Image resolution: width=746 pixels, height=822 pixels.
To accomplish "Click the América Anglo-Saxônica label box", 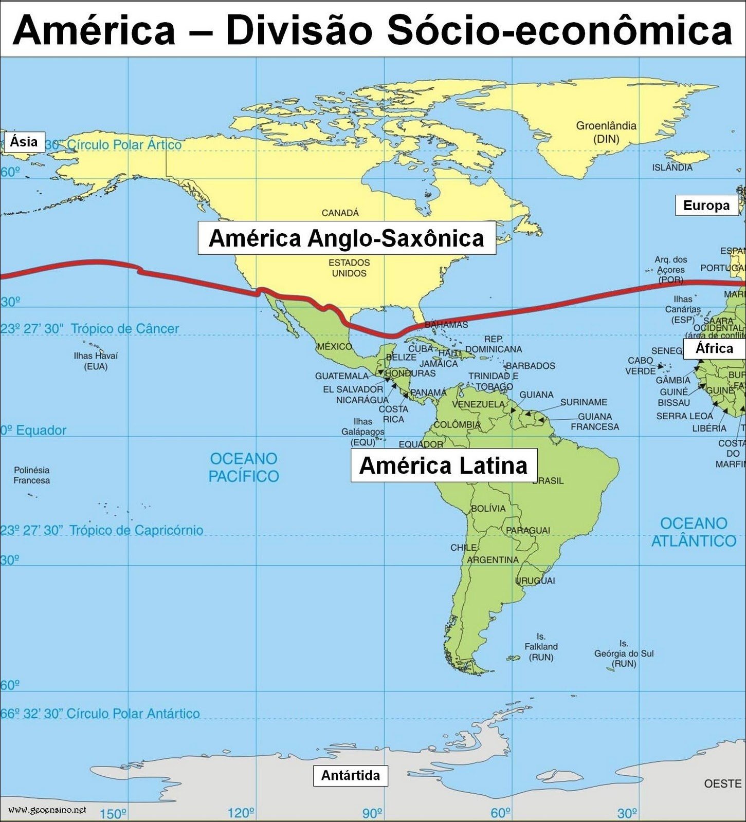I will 347,238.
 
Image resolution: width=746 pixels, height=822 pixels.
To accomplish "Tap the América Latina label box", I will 443,465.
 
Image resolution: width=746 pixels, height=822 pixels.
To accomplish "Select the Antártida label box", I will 350,775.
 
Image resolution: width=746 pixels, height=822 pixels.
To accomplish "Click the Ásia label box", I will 24,141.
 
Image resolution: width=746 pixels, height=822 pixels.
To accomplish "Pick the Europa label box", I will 706,206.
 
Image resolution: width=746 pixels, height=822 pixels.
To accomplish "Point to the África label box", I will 714,348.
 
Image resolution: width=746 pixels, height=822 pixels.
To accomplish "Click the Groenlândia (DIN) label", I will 606,132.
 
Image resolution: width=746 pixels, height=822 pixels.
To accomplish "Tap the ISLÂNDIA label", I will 672,167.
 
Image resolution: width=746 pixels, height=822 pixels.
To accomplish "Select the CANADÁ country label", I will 340,213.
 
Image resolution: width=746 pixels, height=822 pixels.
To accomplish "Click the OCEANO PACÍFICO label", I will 244,467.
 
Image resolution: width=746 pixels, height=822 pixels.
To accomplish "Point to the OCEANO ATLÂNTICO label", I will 694,532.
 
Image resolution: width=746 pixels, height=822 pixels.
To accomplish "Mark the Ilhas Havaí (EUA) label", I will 96,361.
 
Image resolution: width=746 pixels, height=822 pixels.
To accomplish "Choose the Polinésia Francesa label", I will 32,475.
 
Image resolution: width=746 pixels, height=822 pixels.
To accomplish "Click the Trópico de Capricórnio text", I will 136,530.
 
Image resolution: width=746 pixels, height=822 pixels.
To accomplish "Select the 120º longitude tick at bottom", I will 241,813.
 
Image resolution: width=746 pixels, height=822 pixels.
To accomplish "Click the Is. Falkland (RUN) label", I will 541,647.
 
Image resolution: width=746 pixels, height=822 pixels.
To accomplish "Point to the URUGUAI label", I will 535,581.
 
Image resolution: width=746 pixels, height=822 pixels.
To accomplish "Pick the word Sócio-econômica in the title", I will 559,30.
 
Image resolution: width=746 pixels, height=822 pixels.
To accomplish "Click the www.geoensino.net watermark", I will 47,810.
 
